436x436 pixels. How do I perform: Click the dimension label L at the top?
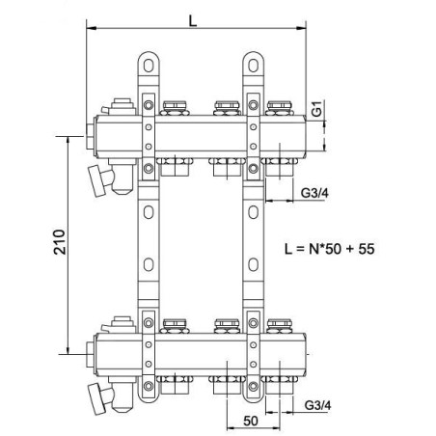tap(193, 21)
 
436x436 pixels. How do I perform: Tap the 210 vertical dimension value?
tap(60, 242)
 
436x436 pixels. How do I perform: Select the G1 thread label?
tap(317, 108)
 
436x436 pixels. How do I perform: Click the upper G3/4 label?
tap(314, 193)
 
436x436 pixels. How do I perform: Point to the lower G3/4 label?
tap(317, 405)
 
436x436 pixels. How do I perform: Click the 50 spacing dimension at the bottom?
tap(251, 421)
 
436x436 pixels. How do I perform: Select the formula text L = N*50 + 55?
tap(330, 249)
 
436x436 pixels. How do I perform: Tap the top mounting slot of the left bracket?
tap(149, 66)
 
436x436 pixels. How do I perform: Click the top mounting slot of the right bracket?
tap(254, 66)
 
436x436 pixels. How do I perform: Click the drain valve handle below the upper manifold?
tap(96, 180)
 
